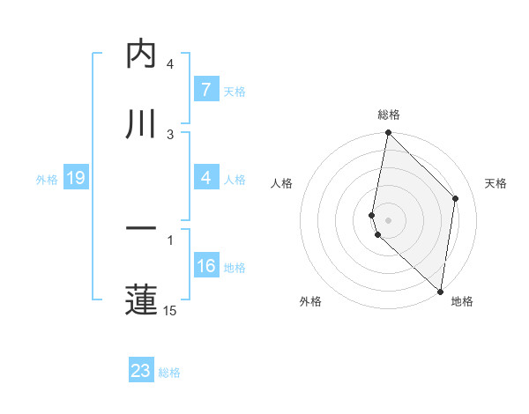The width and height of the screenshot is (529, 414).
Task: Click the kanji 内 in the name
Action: point(142,55)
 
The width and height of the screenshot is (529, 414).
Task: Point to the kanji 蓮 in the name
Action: point(142,299)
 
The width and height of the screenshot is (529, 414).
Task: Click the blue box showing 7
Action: point(205,91)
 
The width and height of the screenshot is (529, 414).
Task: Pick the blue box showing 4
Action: point(205,179)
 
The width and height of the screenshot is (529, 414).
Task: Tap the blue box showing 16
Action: point(205,267)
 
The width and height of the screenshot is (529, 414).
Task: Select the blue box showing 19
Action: point(75,179)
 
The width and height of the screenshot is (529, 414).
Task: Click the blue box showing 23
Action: point(141,371)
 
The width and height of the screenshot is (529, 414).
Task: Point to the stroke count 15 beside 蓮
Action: point(170,310)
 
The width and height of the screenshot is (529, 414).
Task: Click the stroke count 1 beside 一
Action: point(170,239)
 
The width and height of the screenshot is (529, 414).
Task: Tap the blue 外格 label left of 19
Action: point(47,180)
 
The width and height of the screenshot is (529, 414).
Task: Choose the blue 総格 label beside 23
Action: point(169,372)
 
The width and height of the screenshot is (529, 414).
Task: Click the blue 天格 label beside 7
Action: point(235,92)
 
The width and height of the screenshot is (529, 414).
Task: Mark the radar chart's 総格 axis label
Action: point(389,115)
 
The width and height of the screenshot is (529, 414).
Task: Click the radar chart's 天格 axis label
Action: point(496,183)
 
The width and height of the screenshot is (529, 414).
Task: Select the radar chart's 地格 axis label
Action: point(462,301)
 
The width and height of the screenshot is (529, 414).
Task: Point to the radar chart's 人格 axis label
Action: point(281,183)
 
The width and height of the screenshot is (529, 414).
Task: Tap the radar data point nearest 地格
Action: point(440,292)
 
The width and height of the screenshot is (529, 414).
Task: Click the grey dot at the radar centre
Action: point(389,219)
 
